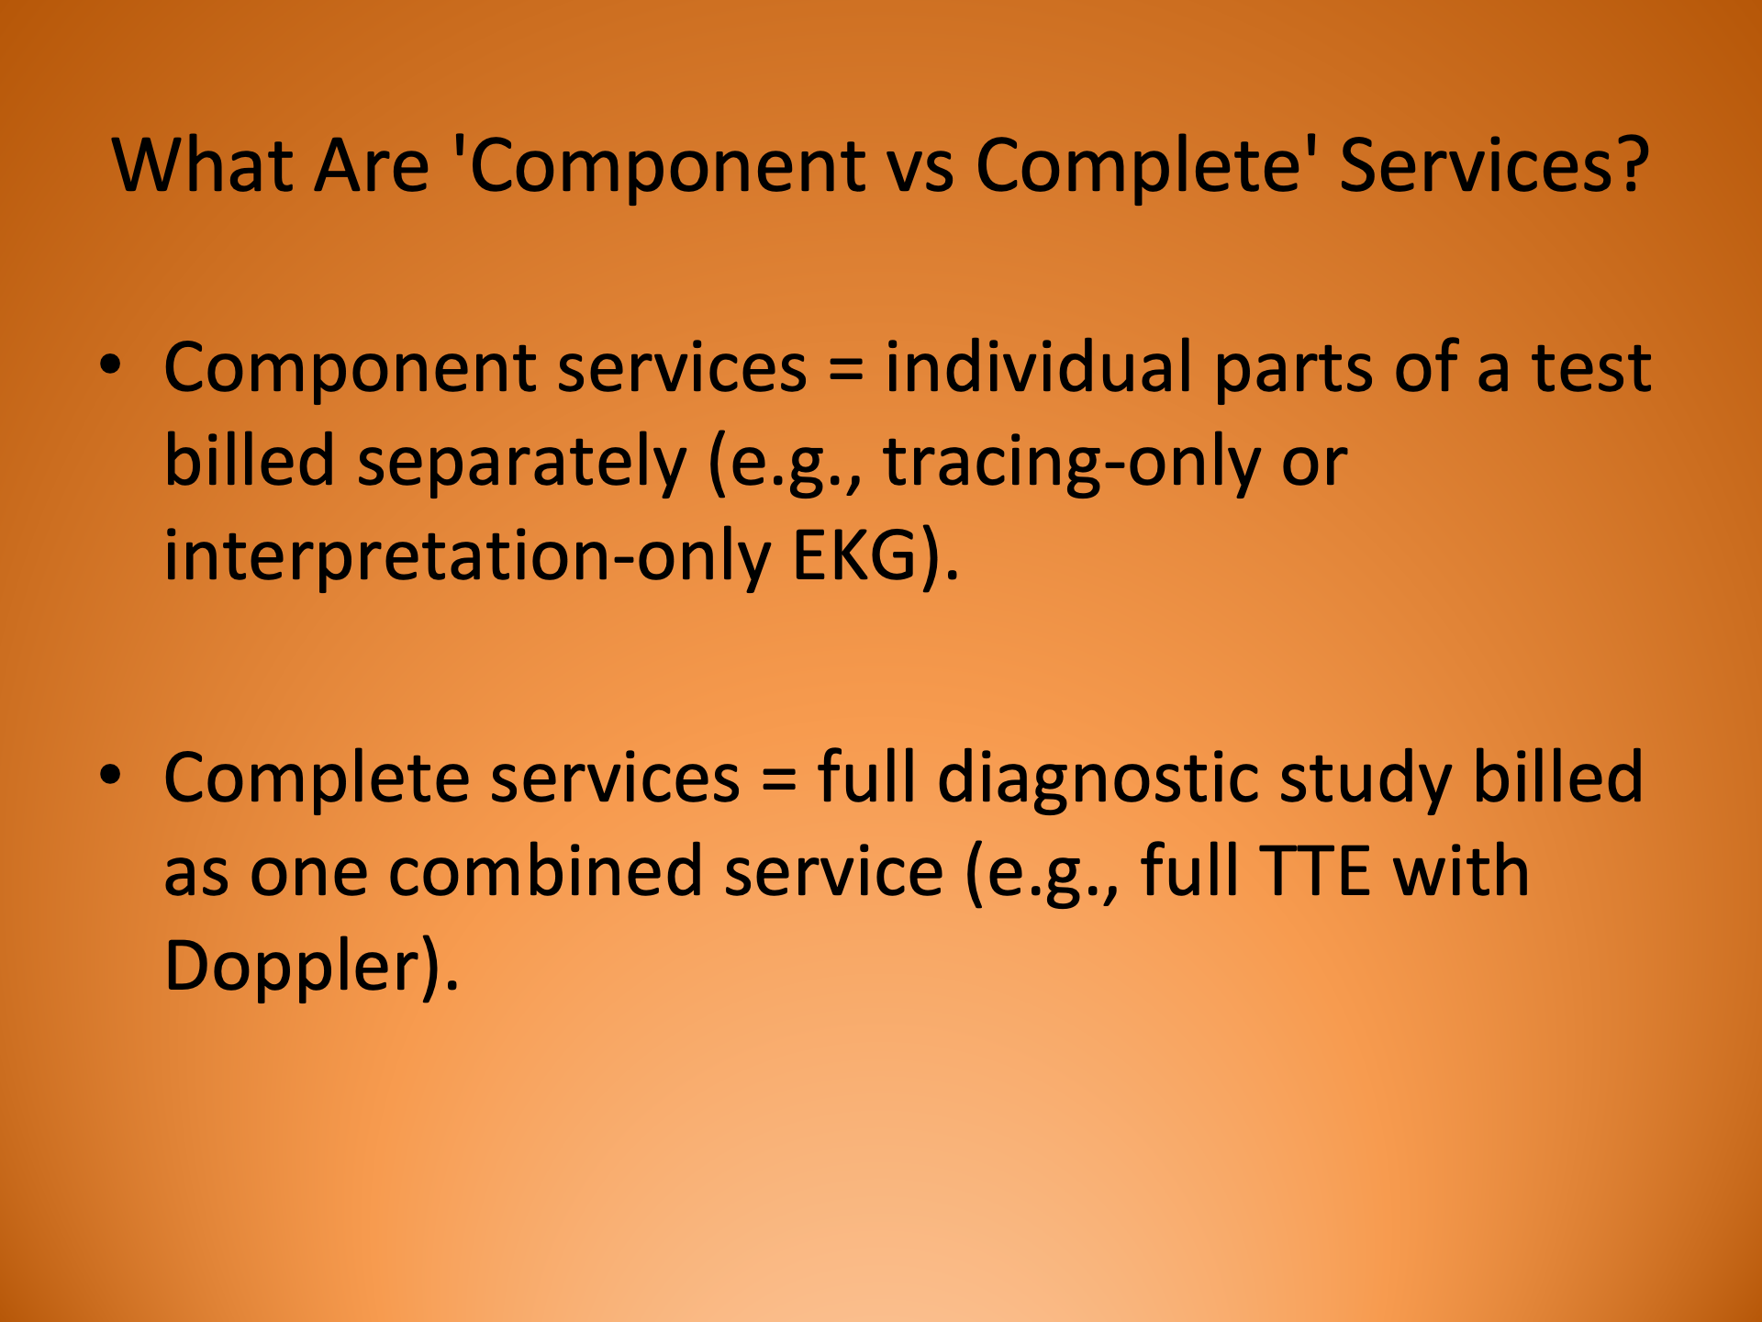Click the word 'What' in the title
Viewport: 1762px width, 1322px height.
coord(202,166)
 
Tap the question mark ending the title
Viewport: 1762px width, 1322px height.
coord(1631,166)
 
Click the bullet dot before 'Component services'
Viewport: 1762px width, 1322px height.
coord(110,365)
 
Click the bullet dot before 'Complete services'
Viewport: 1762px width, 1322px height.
coord(110,776)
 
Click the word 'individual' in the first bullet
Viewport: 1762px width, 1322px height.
coord(1038,367)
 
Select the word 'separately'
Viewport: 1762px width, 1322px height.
coord(521,462)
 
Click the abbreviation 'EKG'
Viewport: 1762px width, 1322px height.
coord(854,556)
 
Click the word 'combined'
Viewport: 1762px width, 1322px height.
coord(545,871)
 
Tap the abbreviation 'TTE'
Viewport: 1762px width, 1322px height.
coord(1315,871)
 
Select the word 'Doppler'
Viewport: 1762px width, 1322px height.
coord(292,966)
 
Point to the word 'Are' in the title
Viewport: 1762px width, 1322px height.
coord(371,166)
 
